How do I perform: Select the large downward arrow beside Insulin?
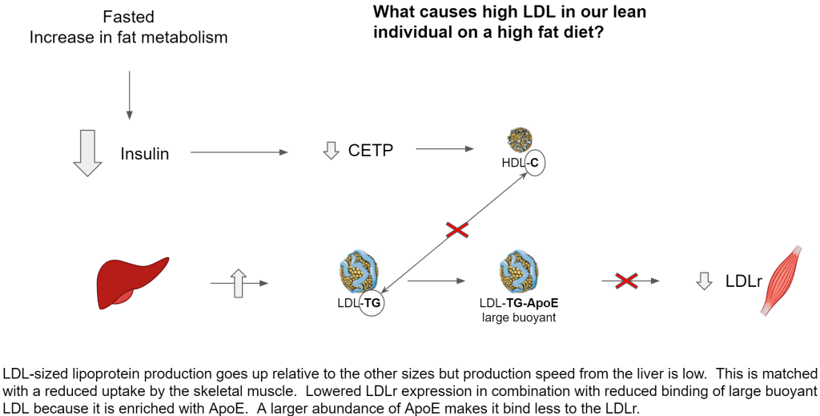pyautogui.click(x=87, y=152)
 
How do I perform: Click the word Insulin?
pyautogui.click(x=145, y=154)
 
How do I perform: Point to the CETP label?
pyautogui.click(x=371, y=150)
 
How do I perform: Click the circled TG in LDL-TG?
pyautogui.click(x=372, y=304)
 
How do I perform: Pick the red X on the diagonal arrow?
pyautogui.click(x=457, y=231)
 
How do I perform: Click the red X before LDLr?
pyautogui.click(x=627, y=281)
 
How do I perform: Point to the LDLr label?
pyautogui.click(x=742, y=281)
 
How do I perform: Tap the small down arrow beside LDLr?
pyautogui.click(x=705, y=281)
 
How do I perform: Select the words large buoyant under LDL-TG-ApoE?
pyautogui.click(x=518, y=317)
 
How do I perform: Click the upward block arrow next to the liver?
pyautogui.click(x=237, y=283)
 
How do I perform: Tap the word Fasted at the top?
pyautogui.click(x=128, y=17)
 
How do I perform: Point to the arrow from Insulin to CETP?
pyautogui.click(x=238, y=152)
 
